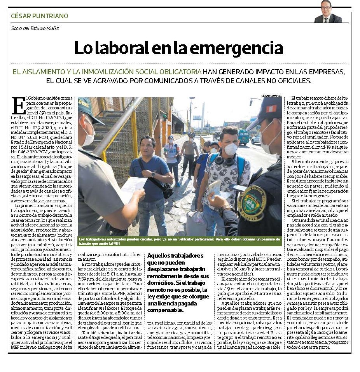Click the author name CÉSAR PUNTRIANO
click(x=39, y=16)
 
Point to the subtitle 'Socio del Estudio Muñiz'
click(x=35, y=28)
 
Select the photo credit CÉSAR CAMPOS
click(x=271, y=95)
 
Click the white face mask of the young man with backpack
click(x=231, y=149)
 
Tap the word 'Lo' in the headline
click(x=82, y=48)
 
